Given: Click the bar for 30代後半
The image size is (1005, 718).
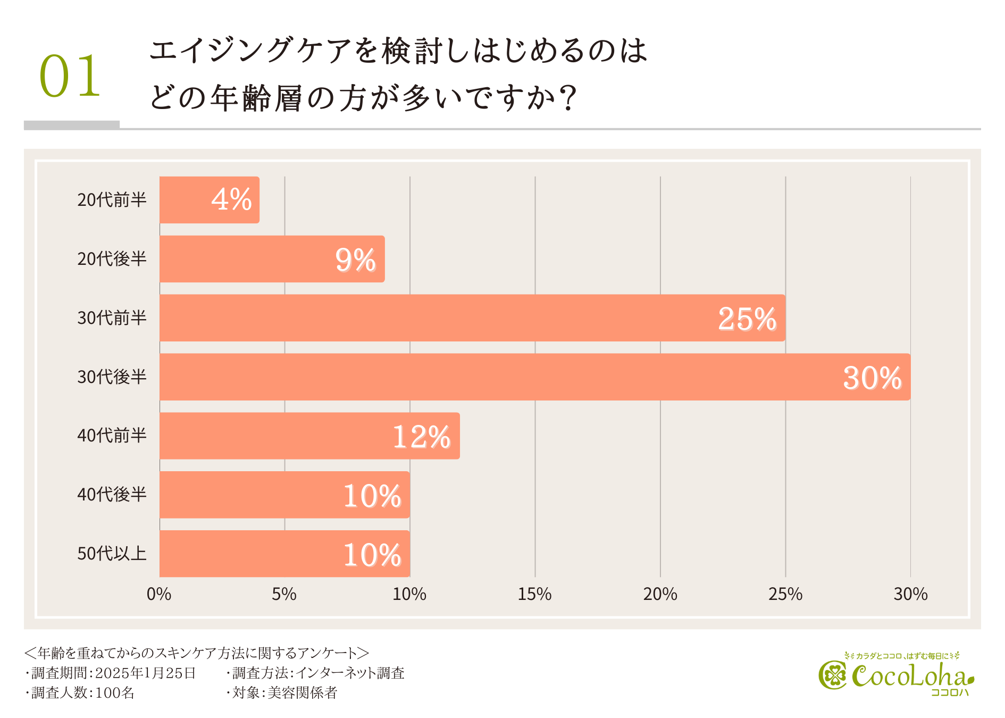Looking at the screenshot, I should coord(534,377).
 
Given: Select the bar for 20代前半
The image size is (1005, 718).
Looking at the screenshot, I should coord(209,200).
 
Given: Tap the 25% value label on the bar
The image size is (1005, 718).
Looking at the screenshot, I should coord(747,319).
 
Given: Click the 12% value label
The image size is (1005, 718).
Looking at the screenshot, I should coord(422,437).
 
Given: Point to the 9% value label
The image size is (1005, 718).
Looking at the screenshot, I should coord(355,260).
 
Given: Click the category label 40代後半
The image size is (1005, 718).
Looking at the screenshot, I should coord(112,495).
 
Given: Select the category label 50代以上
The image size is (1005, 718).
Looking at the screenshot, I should coord(112,554).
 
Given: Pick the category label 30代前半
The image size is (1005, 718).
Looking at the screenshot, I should coord(112,318).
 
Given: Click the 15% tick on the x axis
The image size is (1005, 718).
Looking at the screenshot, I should coord(534,594).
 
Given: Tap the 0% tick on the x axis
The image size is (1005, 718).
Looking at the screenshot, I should coord(158,594).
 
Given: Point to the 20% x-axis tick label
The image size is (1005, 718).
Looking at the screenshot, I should coord(660,594).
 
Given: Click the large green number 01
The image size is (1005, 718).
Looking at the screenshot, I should coord(70,76).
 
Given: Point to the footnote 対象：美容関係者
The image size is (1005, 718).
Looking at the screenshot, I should coord(283,693).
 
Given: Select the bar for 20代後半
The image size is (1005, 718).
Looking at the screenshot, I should coord(272,259).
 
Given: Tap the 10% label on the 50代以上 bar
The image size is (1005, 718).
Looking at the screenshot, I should coord(372,555).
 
